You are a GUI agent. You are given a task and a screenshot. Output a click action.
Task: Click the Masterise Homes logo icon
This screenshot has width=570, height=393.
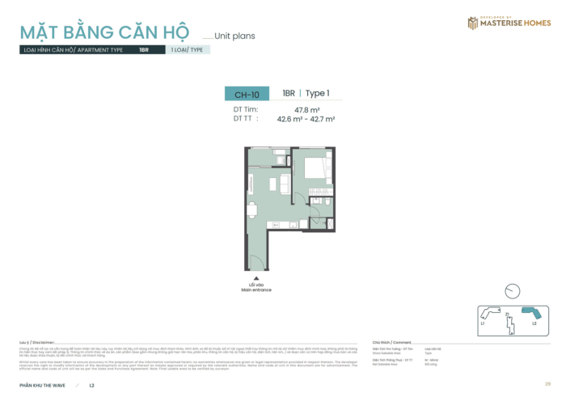click(472, 23)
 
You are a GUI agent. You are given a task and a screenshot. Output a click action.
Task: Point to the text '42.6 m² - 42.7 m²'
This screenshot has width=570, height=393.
click(306, 119)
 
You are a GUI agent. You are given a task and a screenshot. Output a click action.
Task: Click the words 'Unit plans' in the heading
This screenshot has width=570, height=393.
click(234, 36)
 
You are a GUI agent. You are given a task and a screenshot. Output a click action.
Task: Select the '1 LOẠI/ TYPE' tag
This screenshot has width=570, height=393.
click(187, 50)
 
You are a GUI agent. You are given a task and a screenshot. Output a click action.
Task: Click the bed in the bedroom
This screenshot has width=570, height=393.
click(314, 171)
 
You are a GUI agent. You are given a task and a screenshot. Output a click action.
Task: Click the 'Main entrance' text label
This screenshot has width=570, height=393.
click(256, 289)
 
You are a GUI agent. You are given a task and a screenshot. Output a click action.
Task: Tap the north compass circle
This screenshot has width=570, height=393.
click(511, 291)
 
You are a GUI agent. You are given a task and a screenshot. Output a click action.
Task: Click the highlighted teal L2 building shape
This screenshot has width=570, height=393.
click(531, 313)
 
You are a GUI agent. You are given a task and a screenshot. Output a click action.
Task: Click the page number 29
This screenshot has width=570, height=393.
click(548, 383)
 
